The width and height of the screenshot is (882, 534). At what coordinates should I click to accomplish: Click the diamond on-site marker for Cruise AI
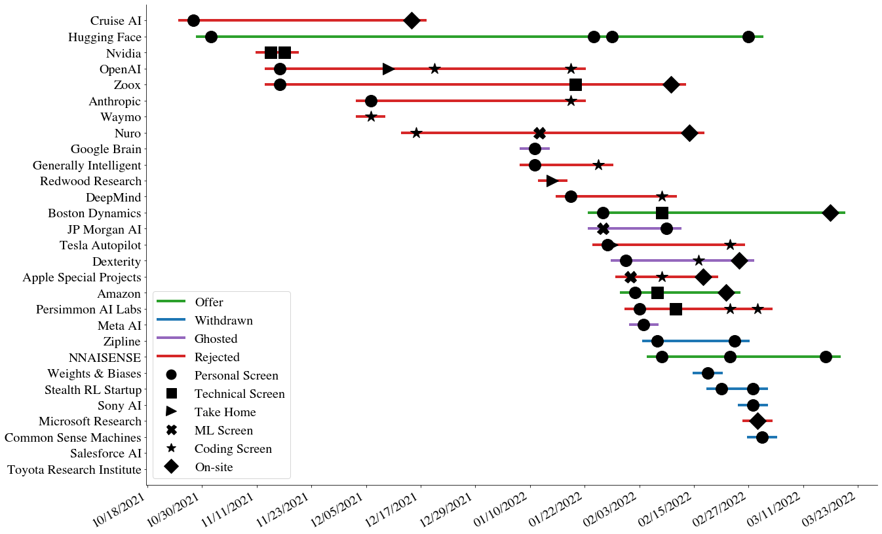(x=412, y=20)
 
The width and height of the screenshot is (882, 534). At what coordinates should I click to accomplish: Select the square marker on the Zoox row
(x=575, y=84)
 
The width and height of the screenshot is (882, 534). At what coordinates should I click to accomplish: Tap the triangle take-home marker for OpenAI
(x=389, y=69)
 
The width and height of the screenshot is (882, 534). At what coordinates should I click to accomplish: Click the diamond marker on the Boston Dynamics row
(x=830, y=213)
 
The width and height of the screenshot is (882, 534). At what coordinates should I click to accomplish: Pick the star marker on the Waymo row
(x=371, y=116)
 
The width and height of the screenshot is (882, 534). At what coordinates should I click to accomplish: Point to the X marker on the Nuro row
(x=539, y=133)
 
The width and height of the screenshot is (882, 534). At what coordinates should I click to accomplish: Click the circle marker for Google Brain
(x=535, y=149)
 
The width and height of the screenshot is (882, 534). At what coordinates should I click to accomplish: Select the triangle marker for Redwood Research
(x=552, y=181)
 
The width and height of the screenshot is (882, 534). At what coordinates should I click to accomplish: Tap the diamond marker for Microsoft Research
(x=757, y=421)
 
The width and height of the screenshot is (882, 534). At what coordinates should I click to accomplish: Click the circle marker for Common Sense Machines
(x=762, y=437)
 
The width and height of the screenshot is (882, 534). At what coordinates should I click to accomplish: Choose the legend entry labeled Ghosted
(x=216, y=339)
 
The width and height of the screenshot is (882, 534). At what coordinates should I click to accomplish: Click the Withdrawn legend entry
(x=223, y=321)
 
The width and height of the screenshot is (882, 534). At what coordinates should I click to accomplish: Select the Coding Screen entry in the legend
(x=233, y=449)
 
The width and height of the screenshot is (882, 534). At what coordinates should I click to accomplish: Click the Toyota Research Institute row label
(x=74, y=470)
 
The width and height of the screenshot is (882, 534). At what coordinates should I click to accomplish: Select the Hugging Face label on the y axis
(x=105, y=37)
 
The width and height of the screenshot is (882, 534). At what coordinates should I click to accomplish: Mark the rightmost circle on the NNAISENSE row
(x=826, y=357)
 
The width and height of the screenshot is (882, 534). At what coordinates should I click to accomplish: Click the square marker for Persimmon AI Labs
(x=676, y=309)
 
